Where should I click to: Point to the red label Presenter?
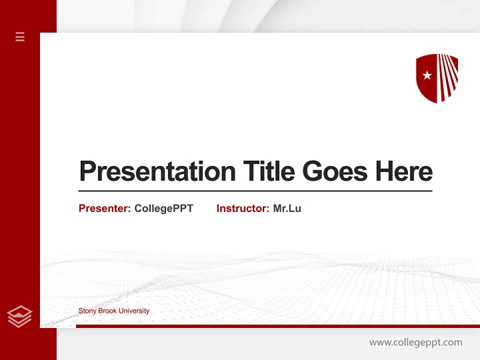point(104,208)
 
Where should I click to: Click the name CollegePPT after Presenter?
point(163,208)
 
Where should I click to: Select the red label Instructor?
point(242,208)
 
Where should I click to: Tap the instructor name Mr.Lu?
point(287,208)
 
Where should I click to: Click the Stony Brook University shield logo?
point(437,78)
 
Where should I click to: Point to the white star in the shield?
point(427,75)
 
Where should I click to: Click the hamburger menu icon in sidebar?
point(20,36)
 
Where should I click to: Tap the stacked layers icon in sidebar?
point(20,316)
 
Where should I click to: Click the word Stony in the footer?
point(87,311)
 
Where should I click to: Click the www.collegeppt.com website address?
point(415,342)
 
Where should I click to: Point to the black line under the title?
point(255,191)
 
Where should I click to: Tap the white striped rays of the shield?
point(447,75)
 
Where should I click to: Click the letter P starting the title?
point(87,171)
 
